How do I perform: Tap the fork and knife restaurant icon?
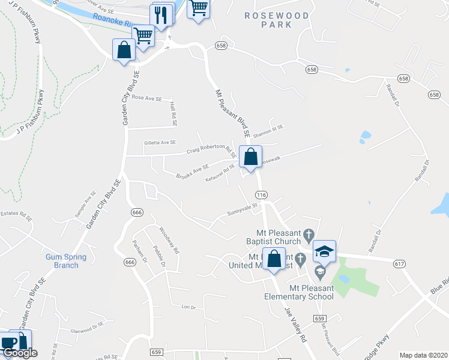(160, 16)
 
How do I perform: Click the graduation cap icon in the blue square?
(324, 252)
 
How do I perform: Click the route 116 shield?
(261, 196)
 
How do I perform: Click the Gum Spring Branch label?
(66, 261)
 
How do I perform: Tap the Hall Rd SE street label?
(173, 113)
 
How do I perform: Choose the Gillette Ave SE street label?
(160, 143)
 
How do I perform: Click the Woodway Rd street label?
(169, 239)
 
